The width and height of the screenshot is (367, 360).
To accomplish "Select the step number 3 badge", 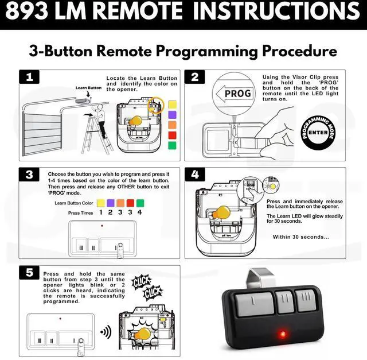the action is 27,175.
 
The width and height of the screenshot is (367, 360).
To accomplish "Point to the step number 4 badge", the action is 196,175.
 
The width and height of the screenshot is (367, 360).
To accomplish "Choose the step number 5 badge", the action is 27,273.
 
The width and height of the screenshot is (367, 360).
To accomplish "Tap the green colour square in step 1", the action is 171,145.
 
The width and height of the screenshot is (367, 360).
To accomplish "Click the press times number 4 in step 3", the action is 139,212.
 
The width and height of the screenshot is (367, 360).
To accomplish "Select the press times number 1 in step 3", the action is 101,212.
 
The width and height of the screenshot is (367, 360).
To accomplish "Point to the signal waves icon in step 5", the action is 106,332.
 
